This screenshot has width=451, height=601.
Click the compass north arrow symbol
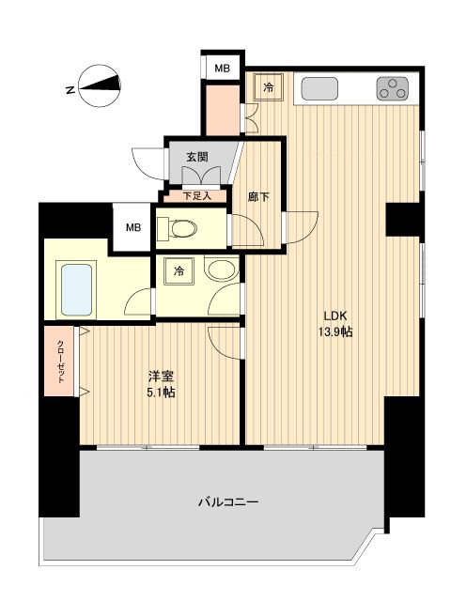pyautogui.click(x=98, y=88)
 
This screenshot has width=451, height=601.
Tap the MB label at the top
pyautogui.click(x=222, y=68)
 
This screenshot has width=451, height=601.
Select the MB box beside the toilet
pyautogui.click(x=133, y=228)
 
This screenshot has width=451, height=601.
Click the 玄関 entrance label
pyautogui.click(x=196, y=157)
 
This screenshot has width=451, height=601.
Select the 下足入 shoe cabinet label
pyautogui.click(x=196, y=196)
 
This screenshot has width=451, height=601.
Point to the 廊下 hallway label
pyautogui.click(x=259, y=196)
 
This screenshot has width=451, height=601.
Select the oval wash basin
pyautogui.click(x=221, y=272)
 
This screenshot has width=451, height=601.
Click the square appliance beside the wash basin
pyautogui.click(x=179, y=272)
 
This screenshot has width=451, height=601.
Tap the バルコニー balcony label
pyautogui.click(x=227, y=501)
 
